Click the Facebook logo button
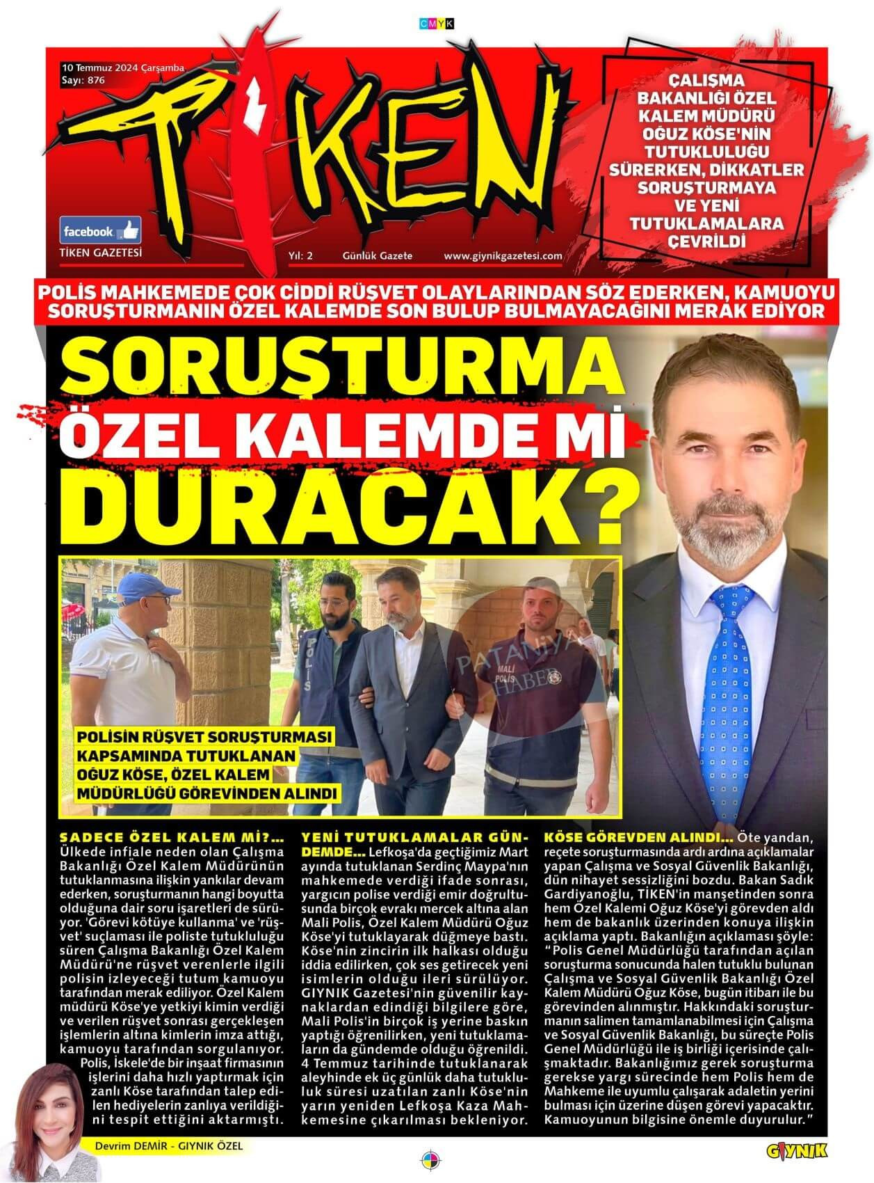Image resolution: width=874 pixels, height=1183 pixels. (x=102, y=230)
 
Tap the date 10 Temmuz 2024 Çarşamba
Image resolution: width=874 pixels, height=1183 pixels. (x=123, y=68)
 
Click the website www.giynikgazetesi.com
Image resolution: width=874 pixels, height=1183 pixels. (x=503, y=256)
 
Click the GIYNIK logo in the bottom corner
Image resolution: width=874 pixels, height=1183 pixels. (x=798, y=1150)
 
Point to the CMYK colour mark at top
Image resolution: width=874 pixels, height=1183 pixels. (x=437, y=24)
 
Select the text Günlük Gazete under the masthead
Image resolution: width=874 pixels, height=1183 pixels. (x=378, y=256)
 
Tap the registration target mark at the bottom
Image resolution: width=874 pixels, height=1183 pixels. (x=430, y=1159)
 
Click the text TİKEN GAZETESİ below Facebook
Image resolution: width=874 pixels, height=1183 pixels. (x=102, y=253)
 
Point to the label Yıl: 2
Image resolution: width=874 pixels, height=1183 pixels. (x=300, y=256)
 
